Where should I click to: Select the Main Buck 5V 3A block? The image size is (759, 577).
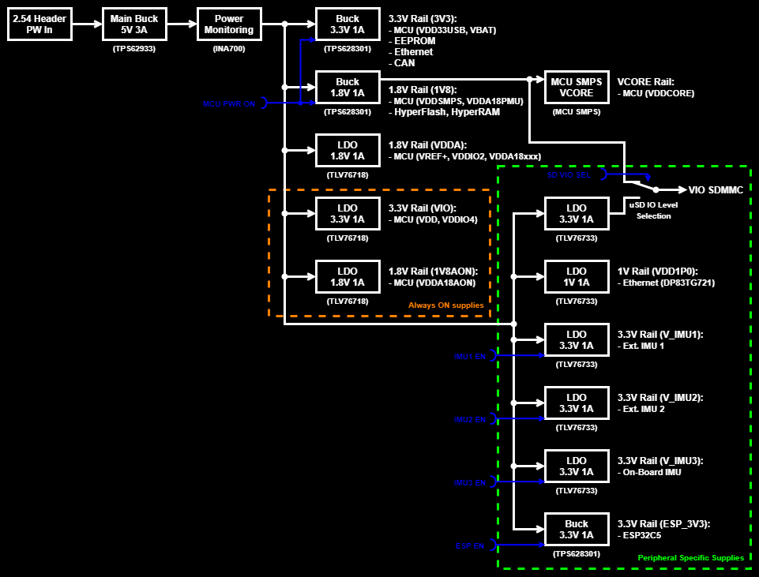tap(134, 24)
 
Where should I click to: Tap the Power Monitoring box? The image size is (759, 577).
tap(229, 24)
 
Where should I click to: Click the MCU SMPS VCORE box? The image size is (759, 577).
tap(577, 87)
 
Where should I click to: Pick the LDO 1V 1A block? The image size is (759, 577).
tap(577, 277)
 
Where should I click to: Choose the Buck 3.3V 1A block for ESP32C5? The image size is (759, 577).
tap(577, 530)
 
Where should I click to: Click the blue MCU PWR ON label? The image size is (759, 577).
tap(229, 103)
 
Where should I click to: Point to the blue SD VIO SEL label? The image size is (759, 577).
tap(569, 174)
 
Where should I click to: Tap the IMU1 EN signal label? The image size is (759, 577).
tap(469, 356)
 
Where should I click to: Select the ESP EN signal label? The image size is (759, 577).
tap(471, 545)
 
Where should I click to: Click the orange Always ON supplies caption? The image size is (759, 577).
tap(445, 305)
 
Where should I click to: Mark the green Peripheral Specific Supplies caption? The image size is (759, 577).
tap(690, 558)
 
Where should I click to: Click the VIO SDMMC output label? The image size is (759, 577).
tap(716, 190)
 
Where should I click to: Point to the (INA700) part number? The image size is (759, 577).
tap(229, 48)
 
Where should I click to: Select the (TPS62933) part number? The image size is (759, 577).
tap(134, 48)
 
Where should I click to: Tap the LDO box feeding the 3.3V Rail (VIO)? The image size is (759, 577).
tap(348, 214)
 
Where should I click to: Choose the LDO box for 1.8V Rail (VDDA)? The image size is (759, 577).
tap(348, 151)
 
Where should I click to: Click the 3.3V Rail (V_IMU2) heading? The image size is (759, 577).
tap(659, 397)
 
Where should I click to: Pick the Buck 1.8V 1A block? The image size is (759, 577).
tap(348, 88)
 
